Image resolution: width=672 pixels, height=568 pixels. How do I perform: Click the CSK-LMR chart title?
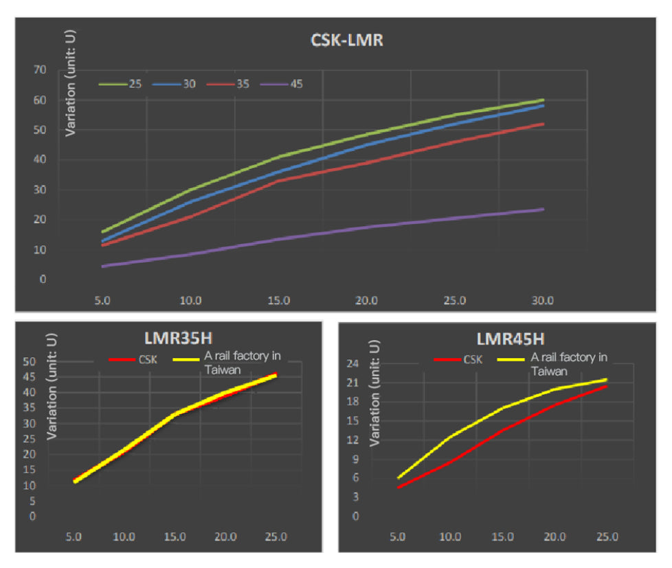point(347,41)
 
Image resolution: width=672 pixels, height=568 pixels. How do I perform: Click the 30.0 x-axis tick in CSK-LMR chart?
point(543,300)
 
